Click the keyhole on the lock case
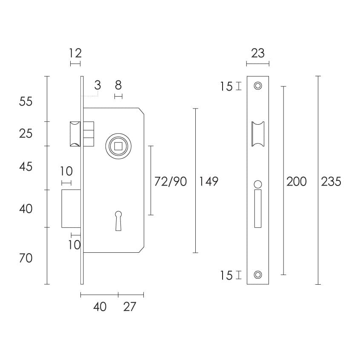click(x=118, y=221)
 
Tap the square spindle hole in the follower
click(x=118, y=146)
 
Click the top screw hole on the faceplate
click(x=258, y=86)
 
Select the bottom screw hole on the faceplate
click(x=258, y=274)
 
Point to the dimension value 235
click(x=331, y=182)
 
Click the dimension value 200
click(x=297, y=182)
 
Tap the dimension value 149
click(x=209, y=182)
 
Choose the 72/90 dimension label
click(x=170, y=182)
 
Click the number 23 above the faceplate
click(x=258, y=53)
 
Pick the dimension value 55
click(x=26, y=101)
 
